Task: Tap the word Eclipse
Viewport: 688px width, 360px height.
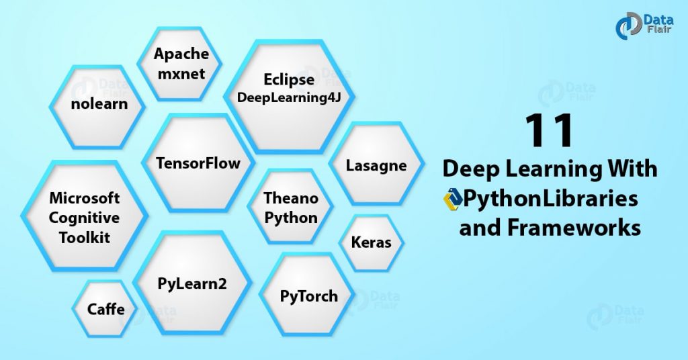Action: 289,80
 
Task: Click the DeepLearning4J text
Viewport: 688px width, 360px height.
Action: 289,98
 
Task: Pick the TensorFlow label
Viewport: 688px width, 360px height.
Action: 198,163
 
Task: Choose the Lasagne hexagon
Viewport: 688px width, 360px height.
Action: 376,165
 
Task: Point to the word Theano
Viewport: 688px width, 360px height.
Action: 290,198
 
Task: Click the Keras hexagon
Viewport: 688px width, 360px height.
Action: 371,242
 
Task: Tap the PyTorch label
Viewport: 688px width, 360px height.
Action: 308,296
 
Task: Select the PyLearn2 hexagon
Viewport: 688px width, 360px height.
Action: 192,283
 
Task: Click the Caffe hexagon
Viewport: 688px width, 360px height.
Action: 106,310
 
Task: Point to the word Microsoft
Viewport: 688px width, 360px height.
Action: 85,199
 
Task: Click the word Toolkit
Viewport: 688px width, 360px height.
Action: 85,238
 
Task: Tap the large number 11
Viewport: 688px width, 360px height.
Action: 549,130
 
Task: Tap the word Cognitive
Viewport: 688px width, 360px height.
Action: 85,218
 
